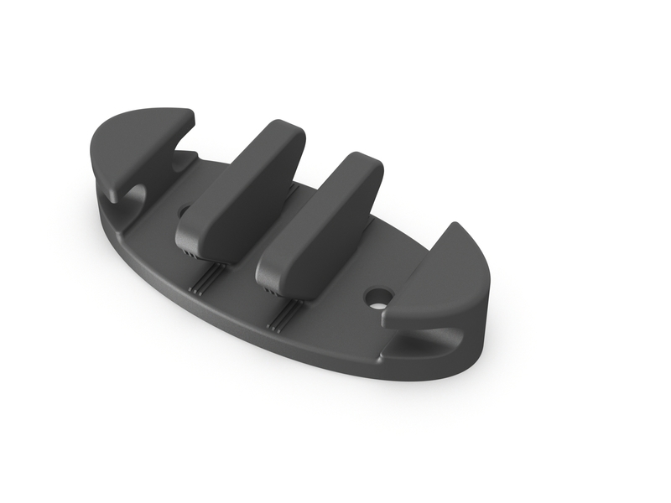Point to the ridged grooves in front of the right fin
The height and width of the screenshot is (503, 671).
(285, 314)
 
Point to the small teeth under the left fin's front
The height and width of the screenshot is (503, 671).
(190, 251)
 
